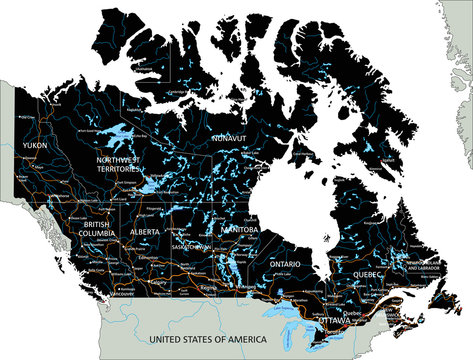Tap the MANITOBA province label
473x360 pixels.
(239, 229)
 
